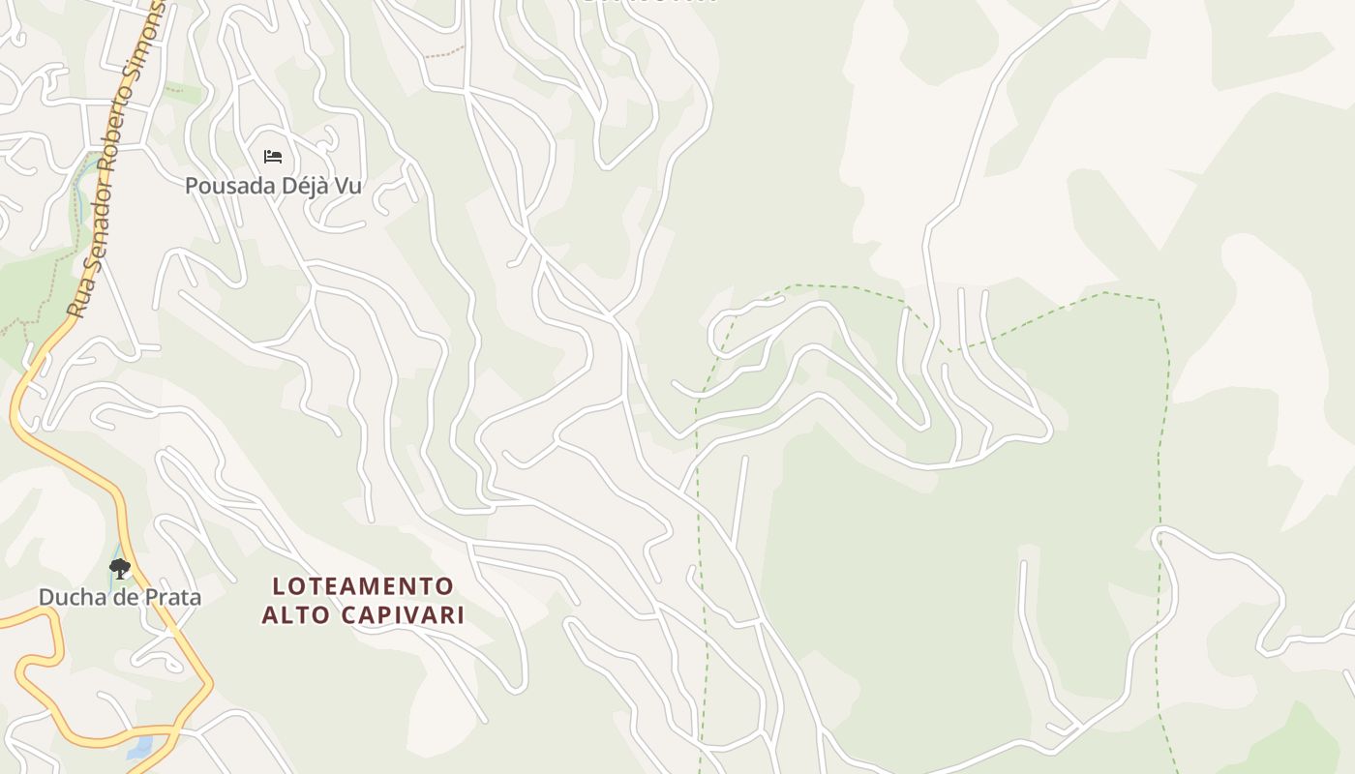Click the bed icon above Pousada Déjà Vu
(273, 156)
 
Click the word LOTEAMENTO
(363, 586)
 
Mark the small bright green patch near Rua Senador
(184, 95)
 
